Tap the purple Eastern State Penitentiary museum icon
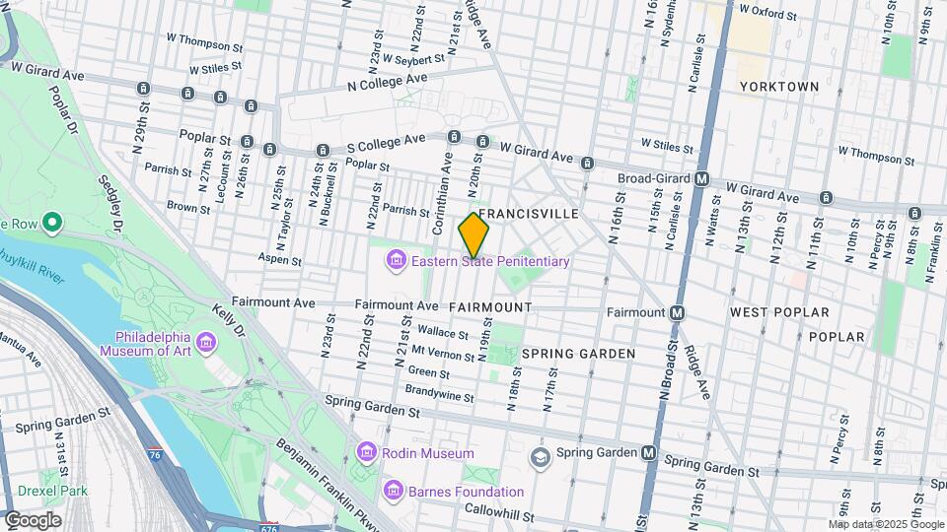tap(396, 261)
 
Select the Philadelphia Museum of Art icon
tap(206, 342)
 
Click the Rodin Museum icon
tap(366, 452)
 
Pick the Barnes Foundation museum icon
tap(393, 491)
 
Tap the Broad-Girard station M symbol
tap(702, 178)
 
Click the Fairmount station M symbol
tap(678, 312)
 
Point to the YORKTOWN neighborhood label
tap(779, 87)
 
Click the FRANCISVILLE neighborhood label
tap(528, 214)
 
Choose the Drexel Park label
tap(52, 491)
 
